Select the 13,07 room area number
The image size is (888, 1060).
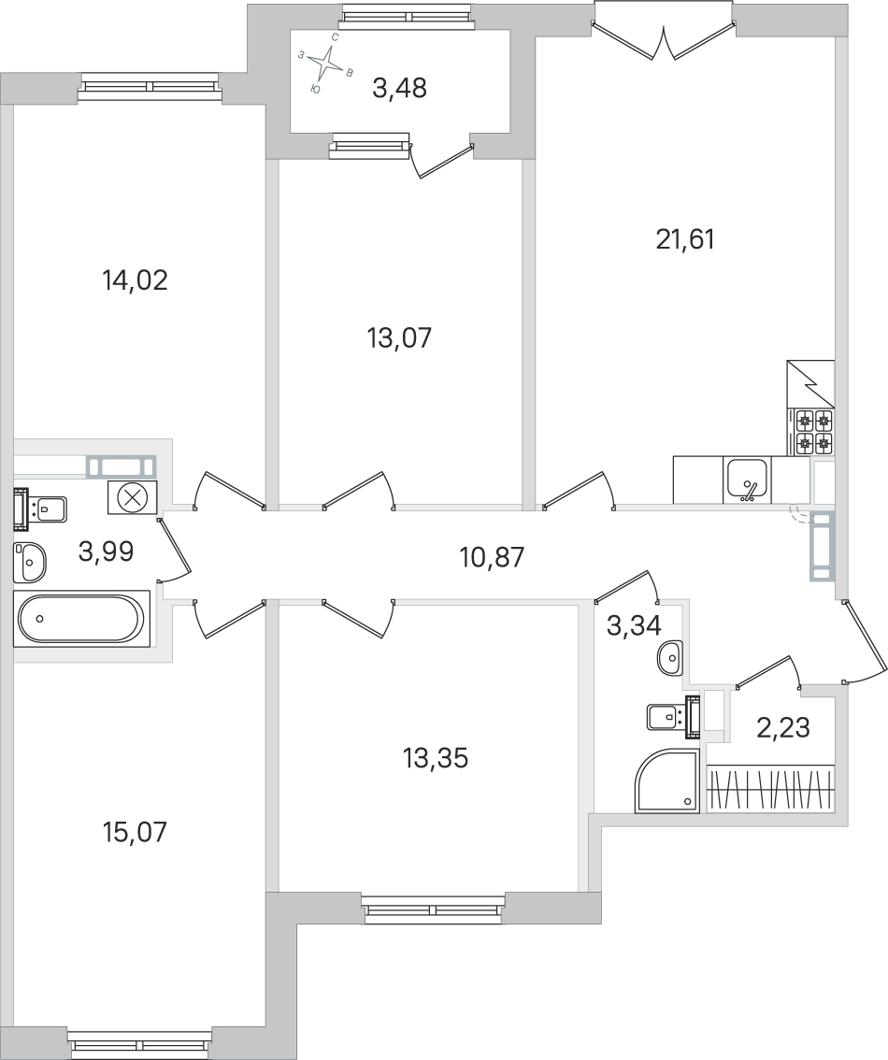click(x=399, y=337)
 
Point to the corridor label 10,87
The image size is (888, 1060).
click(x=493, y=558)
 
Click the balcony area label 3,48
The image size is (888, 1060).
click(x=399, y=89)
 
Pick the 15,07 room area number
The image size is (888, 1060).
click(x=134, y=831)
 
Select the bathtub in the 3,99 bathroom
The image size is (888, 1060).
click(x=81, y=618)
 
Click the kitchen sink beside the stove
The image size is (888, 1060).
click(x=747, y=480)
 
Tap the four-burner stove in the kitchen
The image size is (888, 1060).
click(x=811, y=431)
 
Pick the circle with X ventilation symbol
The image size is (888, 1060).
click(x=133, y=496)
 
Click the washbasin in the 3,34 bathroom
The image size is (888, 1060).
click(x=670, y=659)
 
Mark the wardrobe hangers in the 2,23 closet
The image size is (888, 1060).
click(x=770, y=789)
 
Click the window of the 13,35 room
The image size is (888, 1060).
click(x=434, y=909)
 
